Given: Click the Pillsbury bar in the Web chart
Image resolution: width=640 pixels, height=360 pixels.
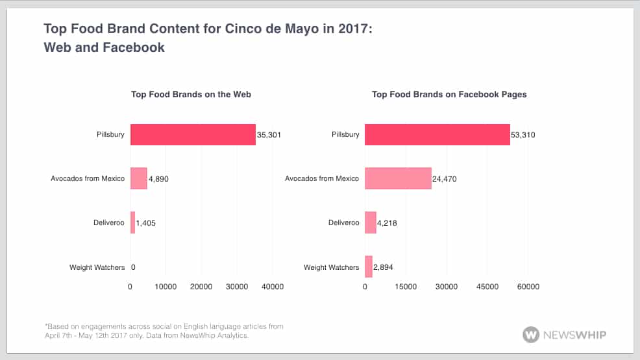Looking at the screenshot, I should point(193,134).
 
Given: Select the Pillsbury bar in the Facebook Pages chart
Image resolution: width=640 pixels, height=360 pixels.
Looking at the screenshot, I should point(437,134).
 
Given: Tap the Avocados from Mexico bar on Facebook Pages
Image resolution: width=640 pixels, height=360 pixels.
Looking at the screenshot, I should point(398,178).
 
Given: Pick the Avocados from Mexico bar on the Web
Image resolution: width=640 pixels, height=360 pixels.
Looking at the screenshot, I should point(139,178).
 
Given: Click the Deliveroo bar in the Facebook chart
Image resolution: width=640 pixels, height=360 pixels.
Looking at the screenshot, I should point(371,222).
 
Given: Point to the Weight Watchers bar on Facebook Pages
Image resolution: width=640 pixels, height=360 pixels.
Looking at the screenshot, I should point(369,267).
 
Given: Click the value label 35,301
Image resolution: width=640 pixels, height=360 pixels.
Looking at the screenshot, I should point(269,135).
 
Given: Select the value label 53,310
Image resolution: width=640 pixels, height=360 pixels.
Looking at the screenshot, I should point(523,135).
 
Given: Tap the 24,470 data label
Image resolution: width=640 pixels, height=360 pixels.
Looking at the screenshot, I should point(445,179).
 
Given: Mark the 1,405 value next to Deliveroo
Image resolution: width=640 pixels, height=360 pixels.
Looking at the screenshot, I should point(145,223).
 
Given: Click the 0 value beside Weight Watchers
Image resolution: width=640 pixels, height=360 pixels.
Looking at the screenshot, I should point(132,267).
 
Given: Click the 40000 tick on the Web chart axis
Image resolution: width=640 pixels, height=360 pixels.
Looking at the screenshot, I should point(271,287).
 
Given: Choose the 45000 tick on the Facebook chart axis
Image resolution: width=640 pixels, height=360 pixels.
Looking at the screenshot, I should point(487,287).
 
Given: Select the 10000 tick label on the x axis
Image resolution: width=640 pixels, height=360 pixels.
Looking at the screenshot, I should point(166,287).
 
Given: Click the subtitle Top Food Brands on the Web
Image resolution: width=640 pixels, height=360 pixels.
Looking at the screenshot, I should point(191,95).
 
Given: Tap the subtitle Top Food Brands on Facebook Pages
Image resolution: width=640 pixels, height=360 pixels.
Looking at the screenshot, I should point(449,95).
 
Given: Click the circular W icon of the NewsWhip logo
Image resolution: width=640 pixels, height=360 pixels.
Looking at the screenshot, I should point(530,335).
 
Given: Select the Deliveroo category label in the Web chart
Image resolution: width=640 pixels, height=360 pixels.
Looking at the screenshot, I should point(108,223).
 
